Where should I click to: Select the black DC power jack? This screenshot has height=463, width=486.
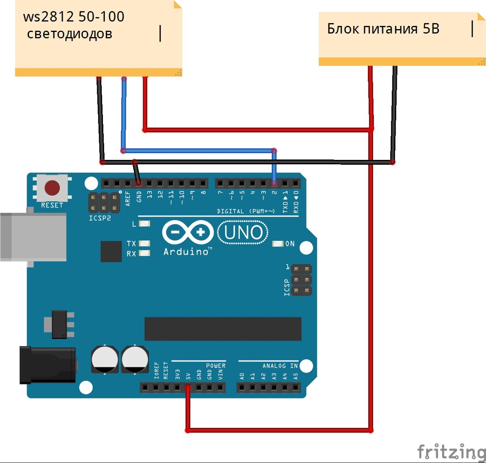tap(47, 365)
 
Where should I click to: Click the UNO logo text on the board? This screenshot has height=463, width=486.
tap(243, 233)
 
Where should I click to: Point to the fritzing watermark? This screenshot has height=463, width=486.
tap(451, 451)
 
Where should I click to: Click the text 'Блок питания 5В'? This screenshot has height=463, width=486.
tap(383, 29)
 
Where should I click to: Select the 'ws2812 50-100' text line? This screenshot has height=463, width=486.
tap(74, 17)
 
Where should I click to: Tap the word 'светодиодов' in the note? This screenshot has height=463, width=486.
tap(70, 34)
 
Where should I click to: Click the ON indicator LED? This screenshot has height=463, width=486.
tap(278, 244)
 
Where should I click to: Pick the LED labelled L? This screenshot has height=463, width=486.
tap(145, 223)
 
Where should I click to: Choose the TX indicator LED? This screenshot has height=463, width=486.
tap(145, 243)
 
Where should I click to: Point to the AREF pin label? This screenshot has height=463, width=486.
tap(128, 198)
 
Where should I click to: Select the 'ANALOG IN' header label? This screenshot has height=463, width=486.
tap(280, 366)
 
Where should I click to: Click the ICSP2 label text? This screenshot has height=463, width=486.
tap(100, 218)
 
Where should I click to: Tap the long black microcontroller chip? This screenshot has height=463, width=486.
tap(223, 329)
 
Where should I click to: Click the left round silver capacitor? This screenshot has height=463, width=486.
tap(105, 359)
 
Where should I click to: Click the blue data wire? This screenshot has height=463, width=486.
tap(198, 151)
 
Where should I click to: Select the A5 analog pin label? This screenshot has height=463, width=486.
tap(296, 376)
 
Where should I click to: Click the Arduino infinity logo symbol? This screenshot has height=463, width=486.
tap(188, 232)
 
